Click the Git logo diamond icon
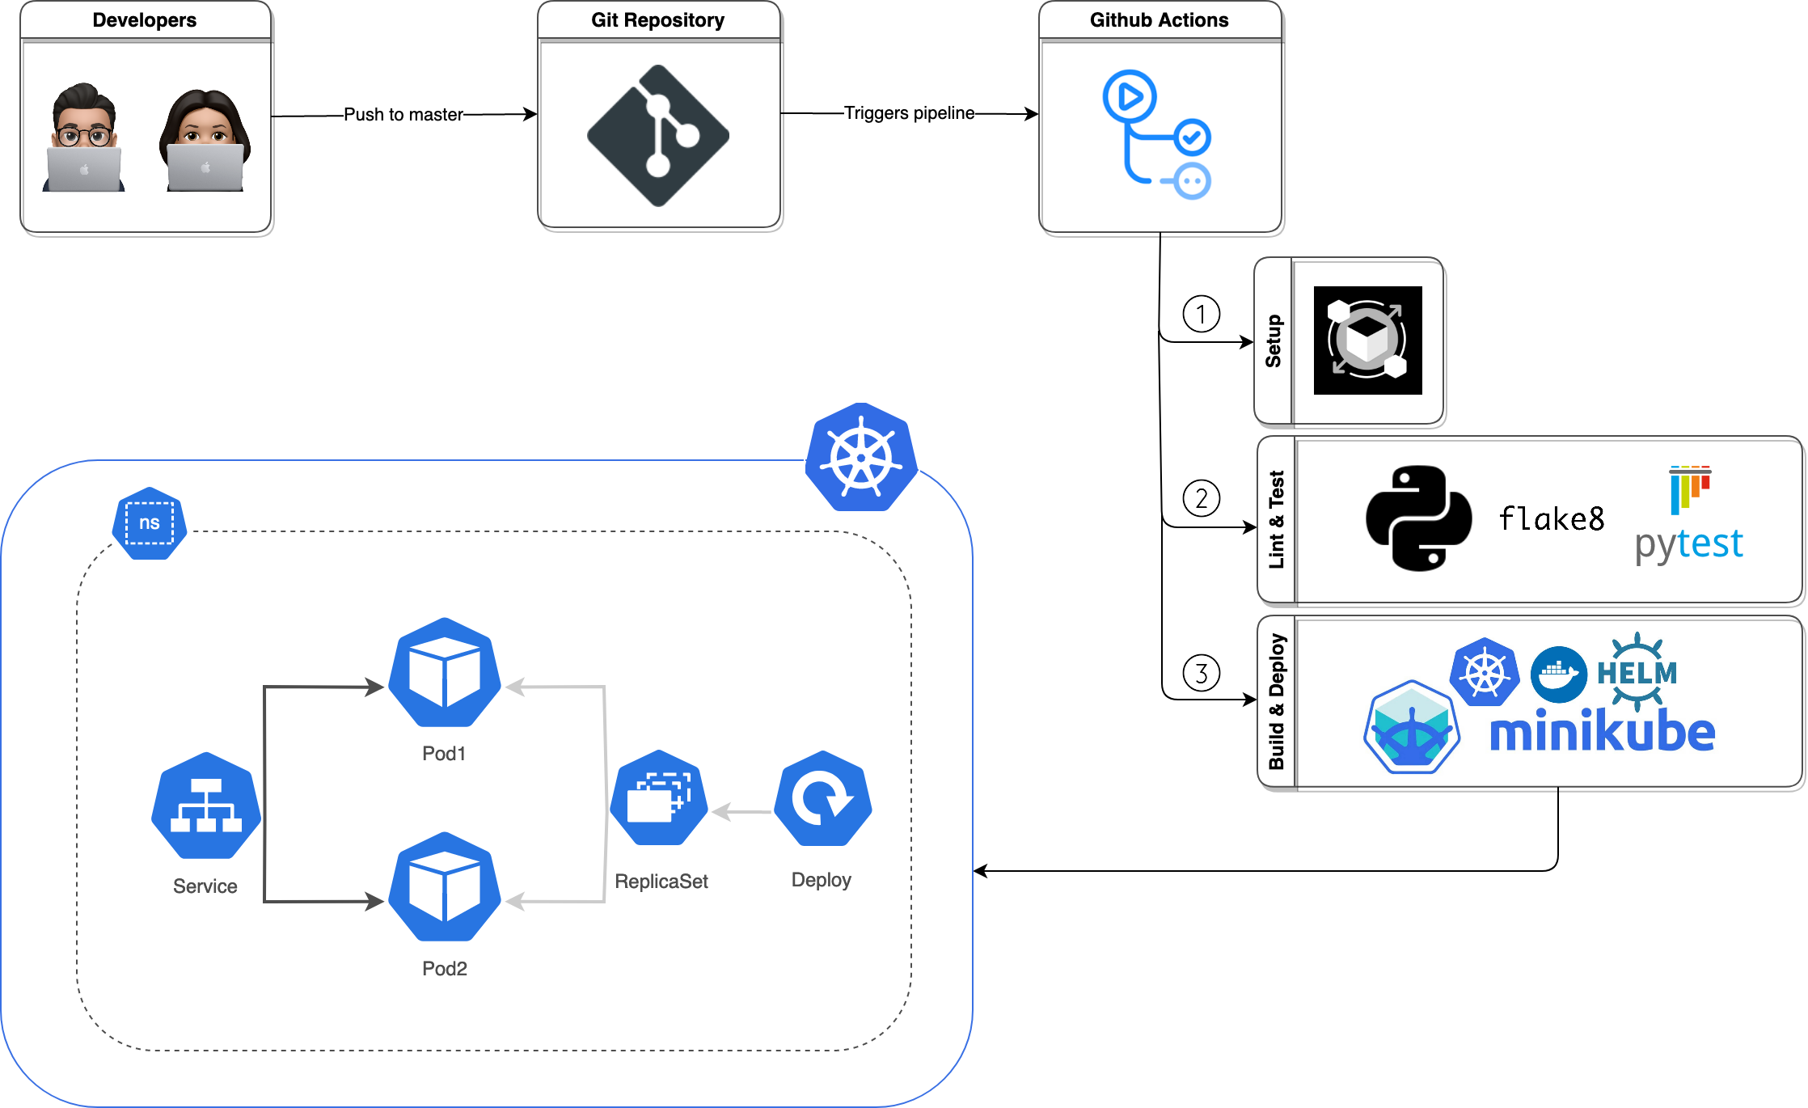click(658, 136)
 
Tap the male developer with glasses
click(83, 137)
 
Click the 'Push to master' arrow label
click(403, 115)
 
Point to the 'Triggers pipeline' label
click(909, 113)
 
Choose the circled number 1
click(1202, 314)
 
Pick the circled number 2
click(1202, 498)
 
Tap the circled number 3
click(1202, 673)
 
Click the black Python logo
click(1418, 518)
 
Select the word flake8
click(1551, 519)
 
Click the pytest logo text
click(1688, 543)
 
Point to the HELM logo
click(1637, 672)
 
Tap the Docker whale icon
click(1558, 674)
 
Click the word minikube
click(1602, 732)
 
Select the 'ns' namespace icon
click(150, 523)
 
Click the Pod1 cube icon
click(445, 673)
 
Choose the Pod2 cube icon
click(445, 887)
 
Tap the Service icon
click(206, 806)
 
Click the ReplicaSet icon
click(659, 798)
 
